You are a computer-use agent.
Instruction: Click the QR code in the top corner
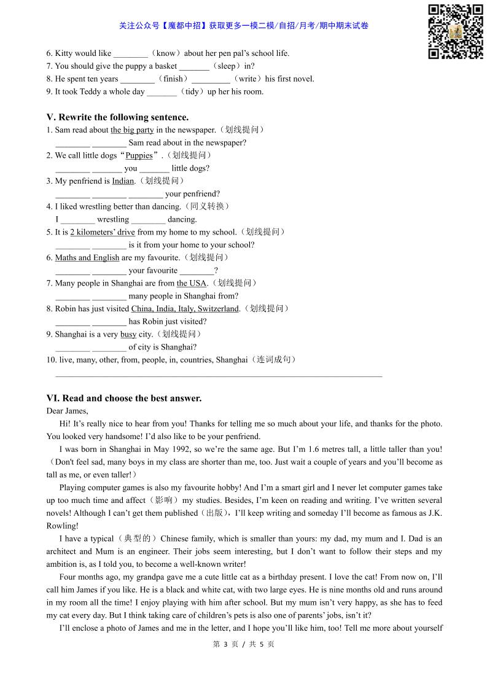(x=455, y=31)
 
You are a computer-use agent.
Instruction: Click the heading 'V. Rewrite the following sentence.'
(x=117, y=117)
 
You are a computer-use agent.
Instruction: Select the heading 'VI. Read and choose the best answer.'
(x=123, y=399)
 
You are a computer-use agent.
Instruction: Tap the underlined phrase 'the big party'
(x=132, y=130)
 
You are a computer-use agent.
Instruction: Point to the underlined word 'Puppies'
(x=139, y=156)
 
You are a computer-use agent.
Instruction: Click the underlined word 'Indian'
(x=123, y=181)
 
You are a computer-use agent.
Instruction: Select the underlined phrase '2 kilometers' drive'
(x=103, y=232)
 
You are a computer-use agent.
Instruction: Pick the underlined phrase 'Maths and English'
(x=87, y=258)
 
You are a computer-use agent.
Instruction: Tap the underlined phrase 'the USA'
(x=192, y=283)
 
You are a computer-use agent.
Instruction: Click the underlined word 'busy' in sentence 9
(x=128, y=335)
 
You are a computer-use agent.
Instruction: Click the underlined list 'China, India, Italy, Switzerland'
(x=185, y=309)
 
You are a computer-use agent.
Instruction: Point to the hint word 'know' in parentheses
(x=166, y=53)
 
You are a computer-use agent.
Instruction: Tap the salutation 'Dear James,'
(x=67, y=411)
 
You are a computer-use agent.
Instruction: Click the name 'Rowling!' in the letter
(x=62, y=526)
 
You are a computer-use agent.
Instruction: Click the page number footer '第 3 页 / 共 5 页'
(x=243, y=644)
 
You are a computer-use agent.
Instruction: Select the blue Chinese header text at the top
(x=244, y=26)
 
